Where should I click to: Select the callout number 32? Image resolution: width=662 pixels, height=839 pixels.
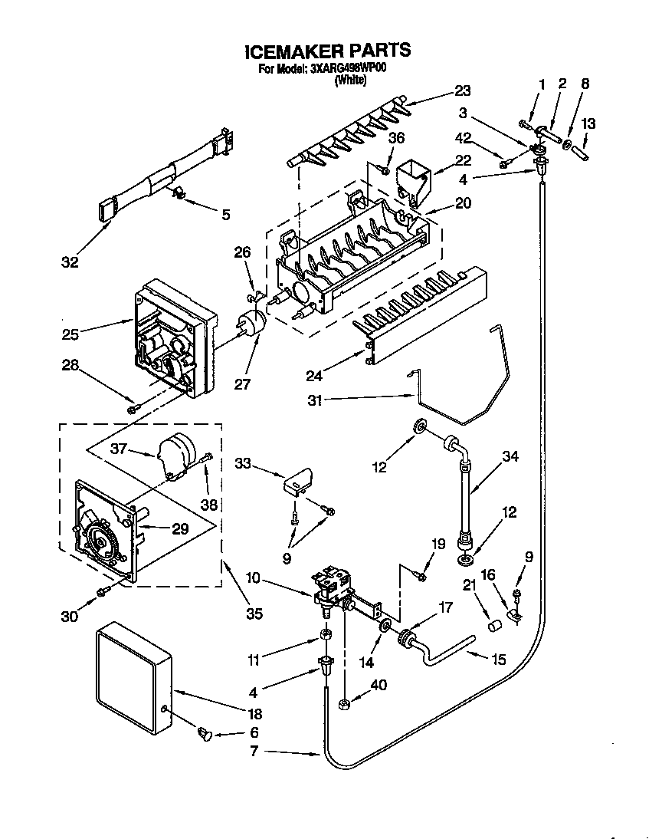click(70, 262)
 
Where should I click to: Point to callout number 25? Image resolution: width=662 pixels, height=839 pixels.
click(70, 334)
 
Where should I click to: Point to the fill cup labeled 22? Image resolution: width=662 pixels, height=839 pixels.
click(415, 181)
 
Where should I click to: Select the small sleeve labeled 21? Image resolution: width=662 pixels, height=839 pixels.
click(494, 626)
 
